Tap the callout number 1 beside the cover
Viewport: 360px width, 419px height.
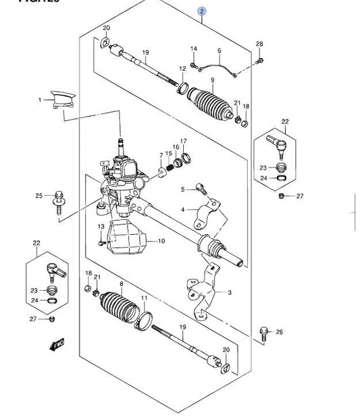(x=40, y=99)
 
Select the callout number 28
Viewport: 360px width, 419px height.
(x=259, y=45)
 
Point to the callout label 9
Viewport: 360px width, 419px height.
(x=212, y=82)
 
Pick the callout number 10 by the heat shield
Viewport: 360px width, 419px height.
(x=162, y=241)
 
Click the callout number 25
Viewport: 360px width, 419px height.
(x=39, y=196)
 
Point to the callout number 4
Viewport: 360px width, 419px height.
(x=182, y=210)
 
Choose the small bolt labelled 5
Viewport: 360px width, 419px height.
(x=199, y=188)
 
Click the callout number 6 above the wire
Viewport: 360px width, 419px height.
(x=220, y=51)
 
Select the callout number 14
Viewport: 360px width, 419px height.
(x=194, y=49)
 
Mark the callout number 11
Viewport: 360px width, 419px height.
(x=143, y=298)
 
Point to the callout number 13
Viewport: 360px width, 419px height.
(x=100, y=226)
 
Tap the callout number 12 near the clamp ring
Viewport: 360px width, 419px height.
(x=182, y=69)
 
